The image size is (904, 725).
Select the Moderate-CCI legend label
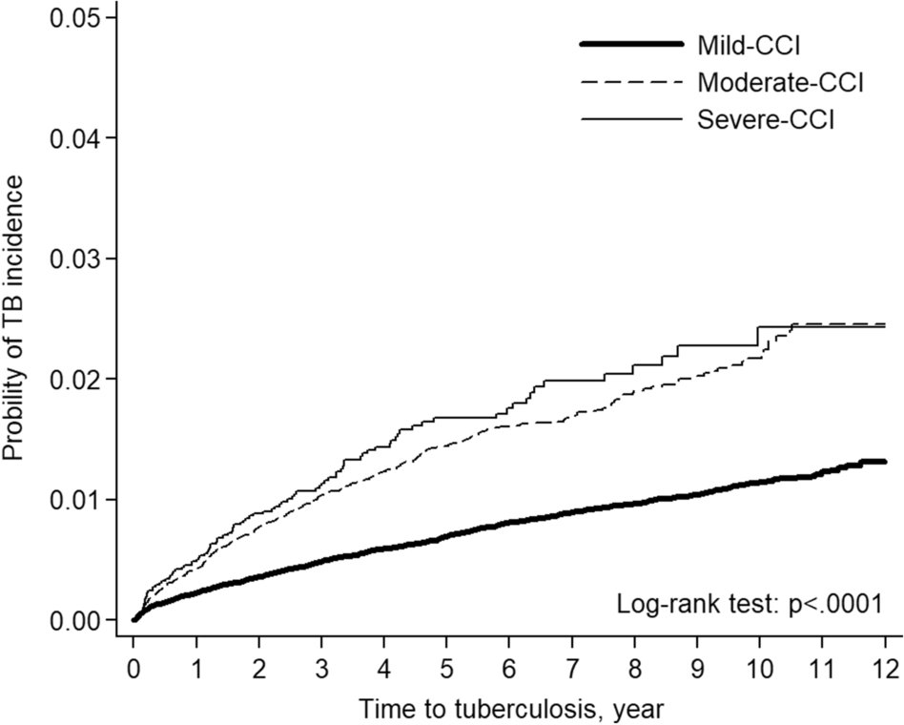coord(781,83)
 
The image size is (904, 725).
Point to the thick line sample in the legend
coord(631,45)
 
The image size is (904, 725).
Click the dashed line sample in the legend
coord(631,83)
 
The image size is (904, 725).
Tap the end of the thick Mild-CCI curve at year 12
coord(885,462)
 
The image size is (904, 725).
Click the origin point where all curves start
coord(134,620)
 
